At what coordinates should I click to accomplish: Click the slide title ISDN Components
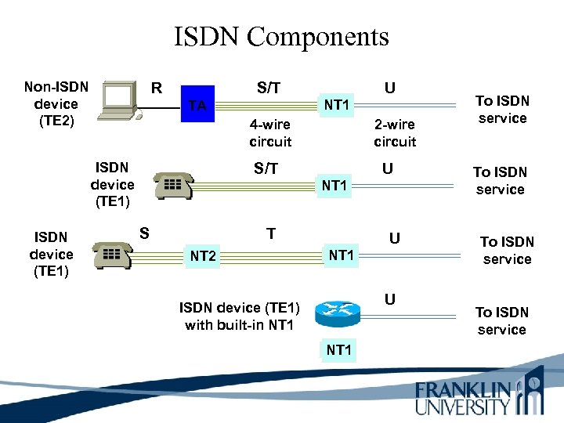click(x=281, y=36)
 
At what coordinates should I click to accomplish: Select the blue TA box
click(x=198, y=104)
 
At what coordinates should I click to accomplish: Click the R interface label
click(x=157, y=86)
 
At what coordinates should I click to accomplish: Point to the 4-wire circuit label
click(x=270, y=132)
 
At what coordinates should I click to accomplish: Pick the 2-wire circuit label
click(x=395, y=132)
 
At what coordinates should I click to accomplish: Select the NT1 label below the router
click(x=338, y=350)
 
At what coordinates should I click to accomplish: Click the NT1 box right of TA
click(x=336, y=104)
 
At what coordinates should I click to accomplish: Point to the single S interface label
click(x=144, y=232)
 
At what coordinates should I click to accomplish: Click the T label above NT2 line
click(x=270, y=233)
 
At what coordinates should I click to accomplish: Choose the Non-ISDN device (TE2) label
click(x=51, y=103)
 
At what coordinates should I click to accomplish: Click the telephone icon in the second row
click(x=173, y=186)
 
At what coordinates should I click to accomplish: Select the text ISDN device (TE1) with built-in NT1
click(x=239, y=316)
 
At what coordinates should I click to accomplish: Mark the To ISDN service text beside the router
click(x=502, y=320)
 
